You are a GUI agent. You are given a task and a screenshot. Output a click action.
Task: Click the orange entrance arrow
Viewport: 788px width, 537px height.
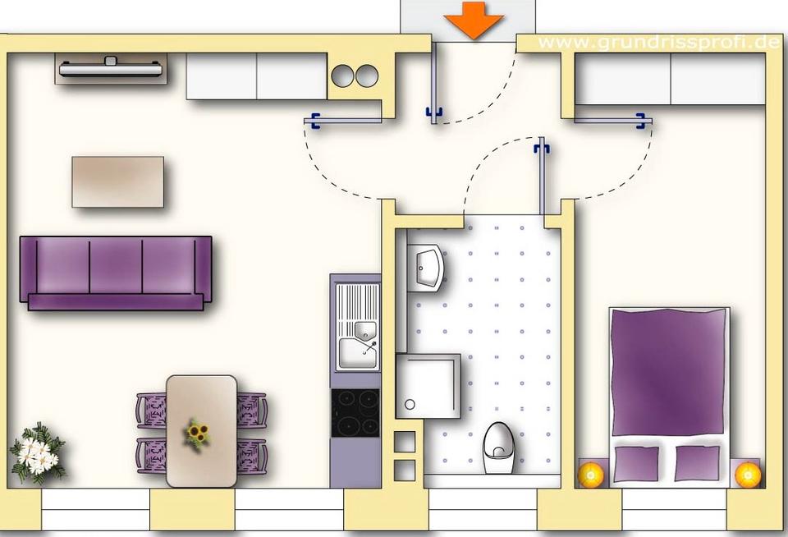click(474, 20)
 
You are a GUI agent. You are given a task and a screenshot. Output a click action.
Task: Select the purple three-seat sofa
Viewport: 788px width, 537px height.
click(116, 273)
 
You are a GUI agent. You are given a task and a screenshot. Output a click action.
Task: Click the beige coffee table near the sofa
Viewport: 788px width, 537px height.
click(117, 181)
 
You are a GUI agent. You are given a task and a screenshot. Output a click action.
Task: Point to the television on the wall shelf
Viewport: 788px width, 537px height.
click(111, 67)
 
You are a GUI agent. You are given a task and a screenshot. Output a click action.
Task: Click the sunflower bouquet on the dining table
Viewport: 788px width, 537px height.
click(197, 434)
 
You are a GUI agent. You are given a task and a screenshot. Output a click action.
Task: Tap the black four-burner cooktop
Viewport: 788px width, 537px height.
click(355, 413)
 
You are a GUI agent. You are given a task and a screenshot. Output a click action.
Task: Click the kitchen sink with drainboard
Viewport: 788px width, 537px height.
click(358, 327)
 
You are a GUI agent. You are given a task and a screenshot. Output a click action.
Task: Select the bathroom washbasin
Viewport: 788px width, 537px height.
click(426, 268)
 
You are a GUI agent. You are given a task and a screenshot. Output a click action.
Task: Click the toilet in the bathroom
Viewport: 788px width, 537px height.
click(498, 447)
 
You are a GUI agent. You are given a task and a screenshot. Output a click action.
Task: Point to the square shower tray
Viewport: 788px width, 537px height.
click(428, 386)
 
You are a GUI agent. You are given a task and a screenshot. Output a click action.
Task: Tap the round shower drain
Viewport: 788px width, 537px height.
click(410, 404)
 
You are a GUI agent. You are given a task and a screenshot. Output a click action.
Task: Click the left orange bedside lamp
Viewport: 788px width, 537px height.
click(590, 474)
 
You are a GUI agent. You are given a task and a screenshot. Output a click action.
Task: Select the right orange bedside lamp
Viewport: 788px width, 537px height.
click(748, 474)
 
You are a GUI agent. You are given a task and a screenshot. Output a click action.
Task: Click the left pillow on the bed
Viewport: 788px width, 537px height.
click(637, 463)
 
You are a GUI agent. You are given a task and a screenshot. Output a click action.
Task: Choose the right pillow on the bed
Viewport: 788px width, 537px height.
click(698, 463)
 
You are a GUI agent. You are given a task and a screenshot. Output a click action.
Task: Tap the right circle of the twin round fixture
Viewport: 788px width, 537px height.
click(368, 76)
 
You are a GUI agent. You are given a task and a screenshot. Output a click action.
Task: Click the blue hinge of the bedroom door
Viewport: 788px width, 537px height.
click(640, 121)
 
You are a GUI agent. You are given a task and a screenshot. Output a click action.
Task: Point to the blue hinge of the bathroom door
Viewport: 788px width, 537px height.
click(542, 148)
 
